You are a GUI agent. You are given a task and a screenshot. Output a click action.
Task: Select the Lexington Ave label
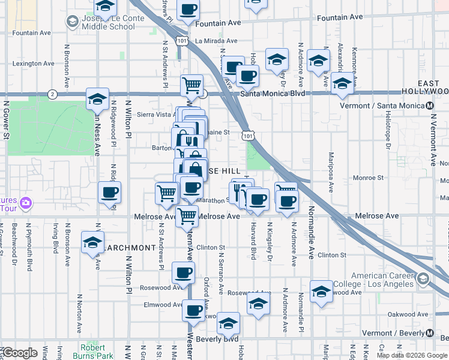click(34, 64)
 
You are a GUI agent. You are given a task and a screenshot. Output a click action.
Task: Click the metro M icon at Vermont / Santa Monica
click(430, 106)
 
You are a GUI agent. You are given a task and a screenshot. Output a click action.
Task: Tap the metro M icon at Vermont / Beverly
click(430, 334)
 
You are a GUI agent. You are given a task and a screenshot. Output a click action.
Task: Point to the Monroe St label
click(368, 178)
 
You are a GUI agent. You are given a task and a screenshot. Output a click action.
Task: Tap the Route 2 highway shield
click(53, 94)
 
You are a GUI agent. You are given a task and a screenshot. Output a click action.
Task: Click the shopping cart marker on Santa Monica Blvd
click(191, 85)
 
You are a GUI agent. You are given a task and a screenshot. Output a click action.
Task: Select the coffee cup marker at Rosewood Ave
click(183, 273)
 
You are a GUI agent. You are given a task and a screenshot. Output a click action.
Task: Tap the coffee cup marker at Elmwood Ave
click(194, 311)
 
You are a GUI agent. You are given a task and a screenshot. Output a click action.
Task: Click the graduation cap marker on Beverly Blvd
click(228, 324)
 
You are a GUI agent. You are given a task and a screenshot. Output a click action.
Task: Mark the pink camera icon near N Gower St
click(26, 203)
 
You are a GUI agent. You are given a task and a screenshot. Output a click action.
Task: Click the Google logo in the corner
click(20, 353)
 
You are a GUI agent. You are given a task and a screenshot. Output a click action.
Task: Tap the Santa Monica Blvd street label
click(273, 94)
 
